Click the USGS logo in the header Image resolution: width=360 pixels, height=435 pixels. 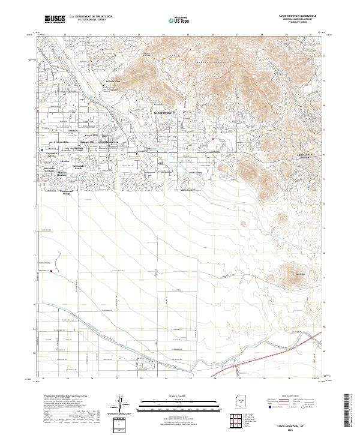[x=55, y=19]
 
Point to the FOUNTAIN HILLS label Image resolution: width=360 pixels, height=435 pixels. [x=307, y=155]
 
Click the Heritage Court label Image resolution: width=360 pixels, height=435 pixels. [x=79, y=148]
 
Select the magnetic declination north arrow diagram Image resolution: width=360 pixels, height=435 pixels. [x=123, y=405]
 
